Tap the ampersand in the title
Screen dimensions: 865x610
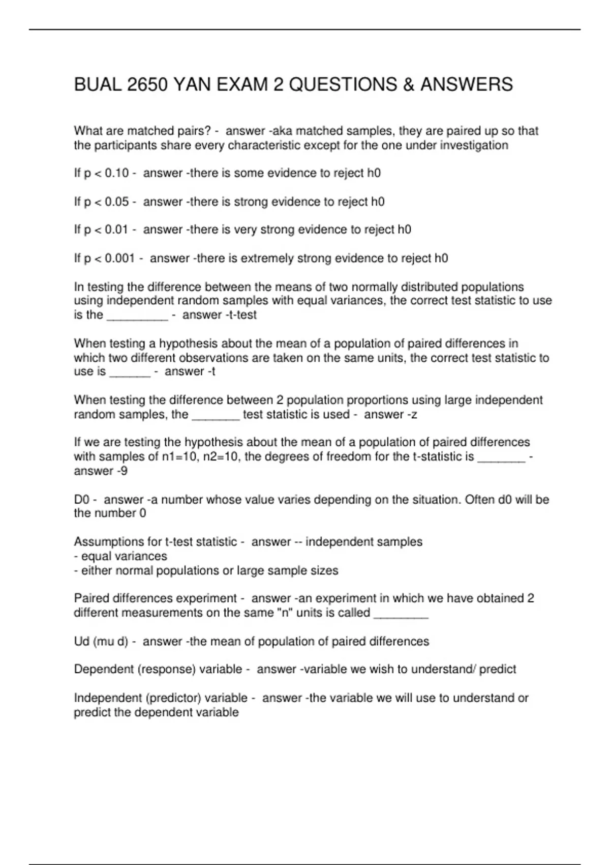coord(409,84)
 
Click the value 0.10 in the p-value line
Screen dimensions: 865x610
coord(117,174)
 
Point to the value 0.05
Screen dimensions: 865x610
coord(117,202)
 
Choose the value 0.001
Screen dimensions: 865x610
coord(120,258)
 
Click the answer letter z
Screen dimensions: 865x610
coord(414,415)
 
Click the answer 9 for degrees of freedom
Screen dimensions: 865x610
coord(124,471)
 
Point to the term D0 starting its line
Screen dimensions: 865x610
coord(82,500)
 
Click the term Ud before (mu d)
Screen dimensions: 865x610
coord(82,642)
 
